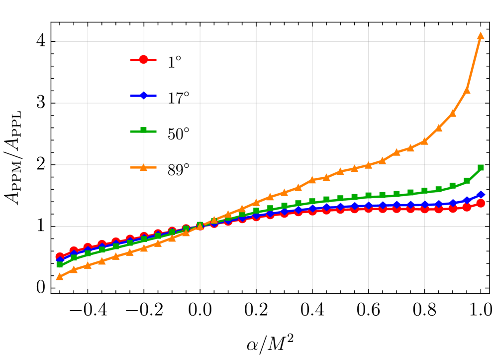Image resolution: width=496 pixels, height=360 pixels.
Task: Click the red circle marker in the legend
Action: [143, 60]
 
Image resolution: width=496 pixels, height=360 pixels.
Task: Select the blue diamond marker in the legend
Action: [143, 96]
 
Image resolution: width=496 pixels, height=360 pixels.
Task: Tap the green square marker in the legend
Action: [143, 130]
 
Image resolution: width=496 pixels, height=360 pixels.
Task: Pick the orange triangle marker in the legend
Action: [143, 167]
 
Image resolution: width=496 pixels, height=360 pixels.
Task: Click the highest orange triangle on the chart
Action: [480, 36]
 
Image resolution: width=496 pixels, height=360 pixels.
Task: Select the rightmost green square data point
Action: [481, 168]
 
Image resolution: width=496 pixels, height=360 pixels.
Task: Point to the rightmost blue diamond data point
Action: [481, 195]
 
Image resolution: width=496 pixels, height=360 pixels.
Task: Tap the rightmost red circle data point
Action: [481, 203]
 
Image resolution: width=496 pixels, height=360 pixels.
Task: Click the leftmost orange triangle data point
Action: [60, 276]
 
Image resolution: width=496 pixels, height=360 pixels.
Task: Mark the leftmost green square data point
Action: [60, 264]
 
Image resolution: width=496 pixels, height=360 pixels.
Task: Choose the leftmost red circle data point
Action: [60, 256]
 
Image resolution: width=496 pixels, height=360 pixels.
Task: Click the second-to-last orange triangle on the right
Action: [467, 90]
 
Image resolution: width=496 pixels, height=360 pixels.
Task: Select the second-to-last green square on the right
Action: [467, 181]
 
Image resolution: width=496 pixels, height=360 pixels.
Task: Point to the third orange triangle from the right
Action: [453, 113]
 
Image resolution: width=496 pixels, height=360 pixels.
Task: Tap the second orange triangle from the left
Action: [74, 269]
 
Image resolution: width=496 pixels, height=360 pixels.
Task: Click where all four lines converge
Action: [200, 226]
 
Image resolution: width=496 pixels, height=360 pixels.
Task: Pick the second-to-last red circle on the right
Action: [467, 207]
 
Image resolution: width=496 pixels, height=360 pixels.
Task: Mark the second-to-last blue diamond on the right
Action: [467, 201]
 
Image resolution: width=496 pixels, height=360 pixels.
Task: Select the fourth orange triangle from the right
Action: [439, 128]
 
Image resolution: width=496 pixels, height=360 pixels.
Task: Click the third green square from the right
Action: [453, 186]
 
